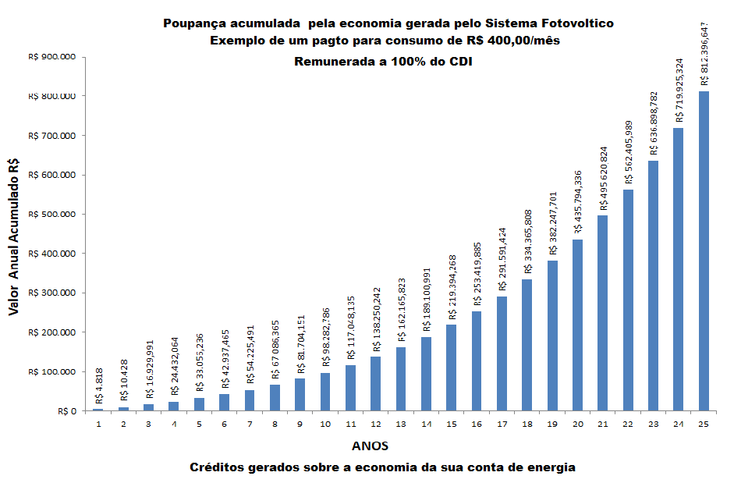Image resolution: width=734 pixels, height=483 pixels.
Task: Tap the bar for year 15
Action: [x=451, y=368]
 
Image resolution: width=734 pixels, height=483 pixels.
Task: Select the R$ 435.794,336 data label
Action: [x=578, y=203]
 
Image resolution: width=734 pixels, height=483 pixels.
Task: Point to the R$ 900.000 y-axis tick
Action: [x=51, y=57]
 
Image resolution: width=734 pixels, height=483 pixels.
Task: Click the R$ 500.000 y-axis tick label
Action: [x=51, y=215]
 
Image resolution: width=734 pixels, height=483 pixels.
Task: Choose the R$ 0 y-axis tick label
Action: [x=62, y=411]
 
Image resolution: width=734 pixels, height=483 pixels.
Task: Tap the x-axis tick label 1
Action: [x=98, y=424]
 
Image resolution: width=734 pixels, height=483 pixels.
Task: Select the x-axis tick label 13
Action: [x=400, y=424]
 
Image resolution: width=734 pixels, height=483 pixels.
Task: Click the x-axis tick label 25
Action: [x=704, y=424]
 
